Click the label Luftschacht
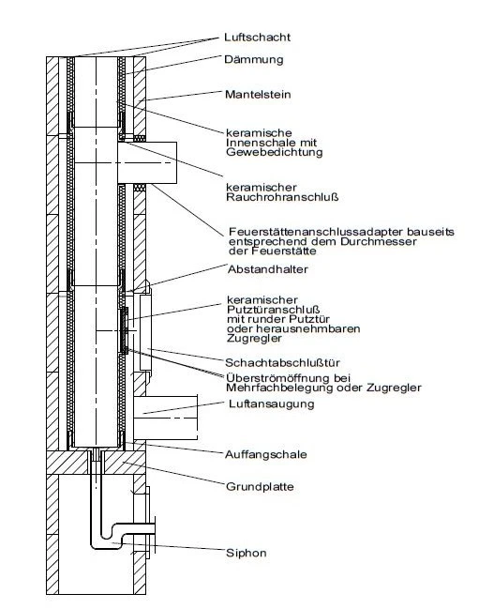coord(257,38)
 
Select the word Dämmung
coord(254,59)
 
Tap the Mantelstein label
coord(258,95)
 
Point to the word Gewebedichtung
coord(275,152)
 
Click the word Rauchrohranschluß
coord(282,197)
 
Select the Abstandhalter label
coord(267,269)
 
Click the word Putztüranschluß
coord(273,310)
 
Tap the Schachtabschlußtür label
coord(282,363)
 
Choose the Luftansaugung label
coord(272,403)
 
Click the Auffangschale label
coord(266,454)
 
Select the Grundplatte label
coord(260,487)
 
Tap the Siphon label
coord(247,553)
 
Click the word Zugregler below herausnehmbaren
coord(254,339)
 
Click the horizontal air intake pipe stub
coord(166,418)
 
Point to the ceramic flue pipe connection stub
coord(147,162)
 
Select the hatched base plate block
coord(96,463)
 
